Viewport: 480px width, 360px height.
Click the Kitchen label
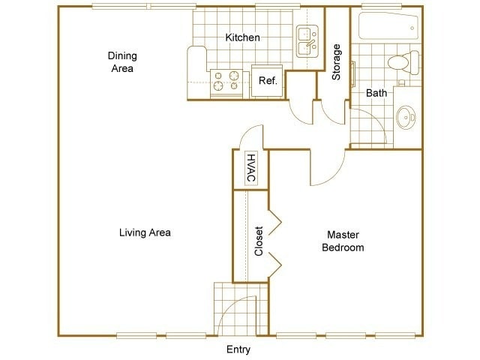click(x=242, y=37)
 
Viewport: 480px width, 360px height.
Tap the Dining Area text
click(x=122, y=61)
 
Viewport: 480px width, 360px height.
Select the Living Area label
click(x=145, y=232)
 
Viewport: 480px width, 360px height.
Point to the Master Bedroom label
click(x=343, y=241)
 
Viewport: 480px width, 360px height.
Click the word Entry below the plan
click(x=238, y=349)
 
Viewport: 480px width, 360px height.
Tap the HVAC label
click(x=251, y=169)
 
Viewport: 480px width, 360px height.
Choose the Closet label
click(x=259, y=241)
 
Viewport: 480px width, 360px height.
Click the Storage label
click(x=336, y=62)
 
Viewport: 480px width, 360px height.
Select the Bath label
click(x=376, y=93)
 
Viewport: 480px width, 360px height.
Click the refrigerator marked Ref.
click(x=268, y=81)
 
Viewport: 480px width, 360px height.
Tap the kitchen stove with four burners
click(x=226, y=82)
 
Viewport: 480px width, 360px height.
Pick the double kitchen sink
click(x=307, y=41)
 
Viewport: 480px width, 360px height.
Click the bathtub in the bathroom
click(x=388, y=26)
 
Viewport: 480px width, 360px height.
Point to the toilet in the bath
click(x=403, y=62)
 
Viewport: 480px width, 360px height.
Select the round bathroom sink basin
click(x=406, y=118)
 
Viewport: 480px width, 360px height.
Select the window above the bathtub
click(x=382, y=6)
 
